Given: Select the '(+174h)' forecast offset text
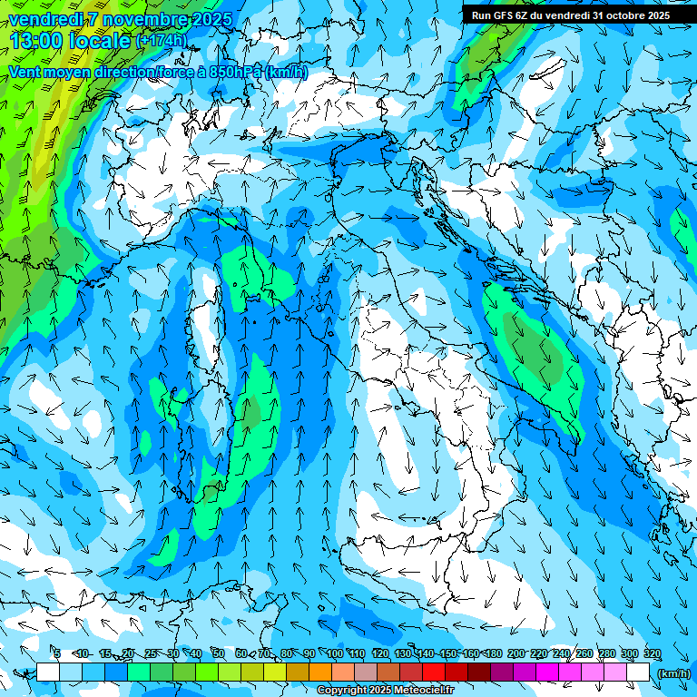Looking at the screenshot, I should tap(161, 41).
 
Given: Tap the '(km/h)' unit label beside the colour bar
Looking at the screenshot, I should tap(672, 673).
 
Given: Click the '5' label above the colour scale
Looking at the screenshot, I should tap(57, 654).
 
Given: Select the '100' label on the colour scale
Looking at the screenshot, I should tap(334, 654).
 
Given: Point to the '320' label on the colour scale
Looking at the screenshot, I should tap(652, 654).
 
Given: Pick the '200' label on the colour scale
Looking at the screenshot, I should tap(515, 654).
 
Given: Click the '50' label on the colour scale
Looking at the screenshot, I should tap(219, 654).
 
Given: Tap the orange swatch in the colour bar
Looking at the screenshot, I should tap(320, 672).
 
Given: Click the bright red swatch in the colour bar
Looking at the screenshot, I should tap(434, 672).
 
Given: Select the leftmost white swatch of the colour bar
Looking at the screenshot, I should tap(48, 672).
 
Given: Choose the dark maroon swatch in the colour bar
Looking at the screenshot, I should tap(479, 672).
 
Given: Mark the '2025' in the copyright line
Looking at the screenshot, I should tap(386, 691).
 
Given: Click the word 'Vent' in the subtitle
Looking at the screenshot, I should tap(25, 73).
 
